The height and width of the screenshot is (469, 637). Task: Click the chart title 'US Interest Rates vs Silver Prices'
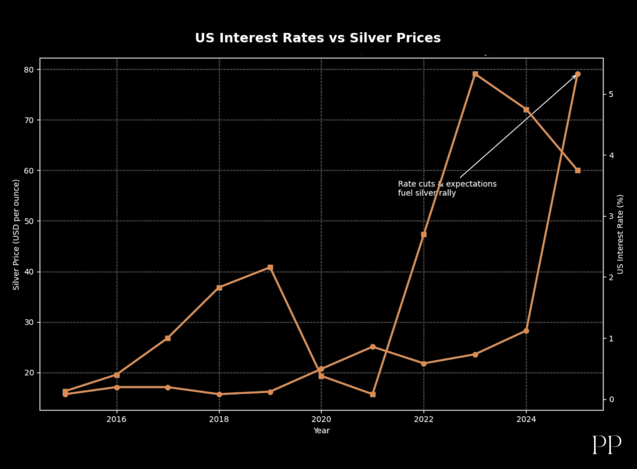pos(318,38)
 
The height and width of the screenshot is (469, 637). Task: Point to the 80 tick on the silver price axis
pos(28,70)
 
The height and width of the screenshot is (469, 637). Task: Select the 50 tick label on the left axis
pos(28,221)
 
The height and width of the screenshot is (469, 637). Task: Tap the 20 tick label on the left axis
pos(28,373)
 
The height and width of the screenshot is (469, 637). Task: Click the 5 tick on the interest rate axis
pos(611,94)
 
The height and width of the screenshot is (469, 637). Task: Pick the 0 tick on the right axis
pos(611,399)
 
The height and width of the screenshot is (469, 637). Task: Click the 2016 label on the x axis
pos(116,420)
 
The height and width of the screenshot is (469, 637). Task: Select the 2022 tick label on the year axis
pos(423,420)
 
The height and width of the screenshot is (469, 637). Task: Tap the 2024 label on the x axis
pos(526,420)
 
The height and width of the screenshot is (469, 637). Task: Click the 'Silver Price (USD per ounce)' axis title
pos(16,234)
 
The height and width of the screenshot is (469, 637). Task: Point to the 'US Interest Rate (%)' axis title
pos(620,234)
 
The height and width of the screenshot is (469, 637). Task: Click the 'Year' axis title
pos(321,431)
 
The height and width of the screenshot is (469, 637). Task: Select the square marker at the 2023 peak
pos(475,74)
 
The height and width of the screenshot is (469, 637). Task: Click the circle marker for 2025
pos(578,74)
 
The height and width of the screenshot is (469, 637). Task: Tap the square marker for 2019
pos(270,268)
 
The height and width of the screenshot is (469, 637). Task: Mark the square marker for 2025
pos(578,170)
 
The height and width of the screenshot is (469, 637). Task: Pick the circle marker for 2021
pos(372,347)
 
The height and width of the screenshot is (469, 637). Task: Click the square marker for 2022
pos(423,234)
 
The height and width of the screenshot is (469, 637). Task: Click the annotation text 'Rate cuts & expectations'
pos(447,184)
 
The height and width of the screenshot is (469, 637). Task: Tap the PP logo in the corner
pos(607,444)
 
